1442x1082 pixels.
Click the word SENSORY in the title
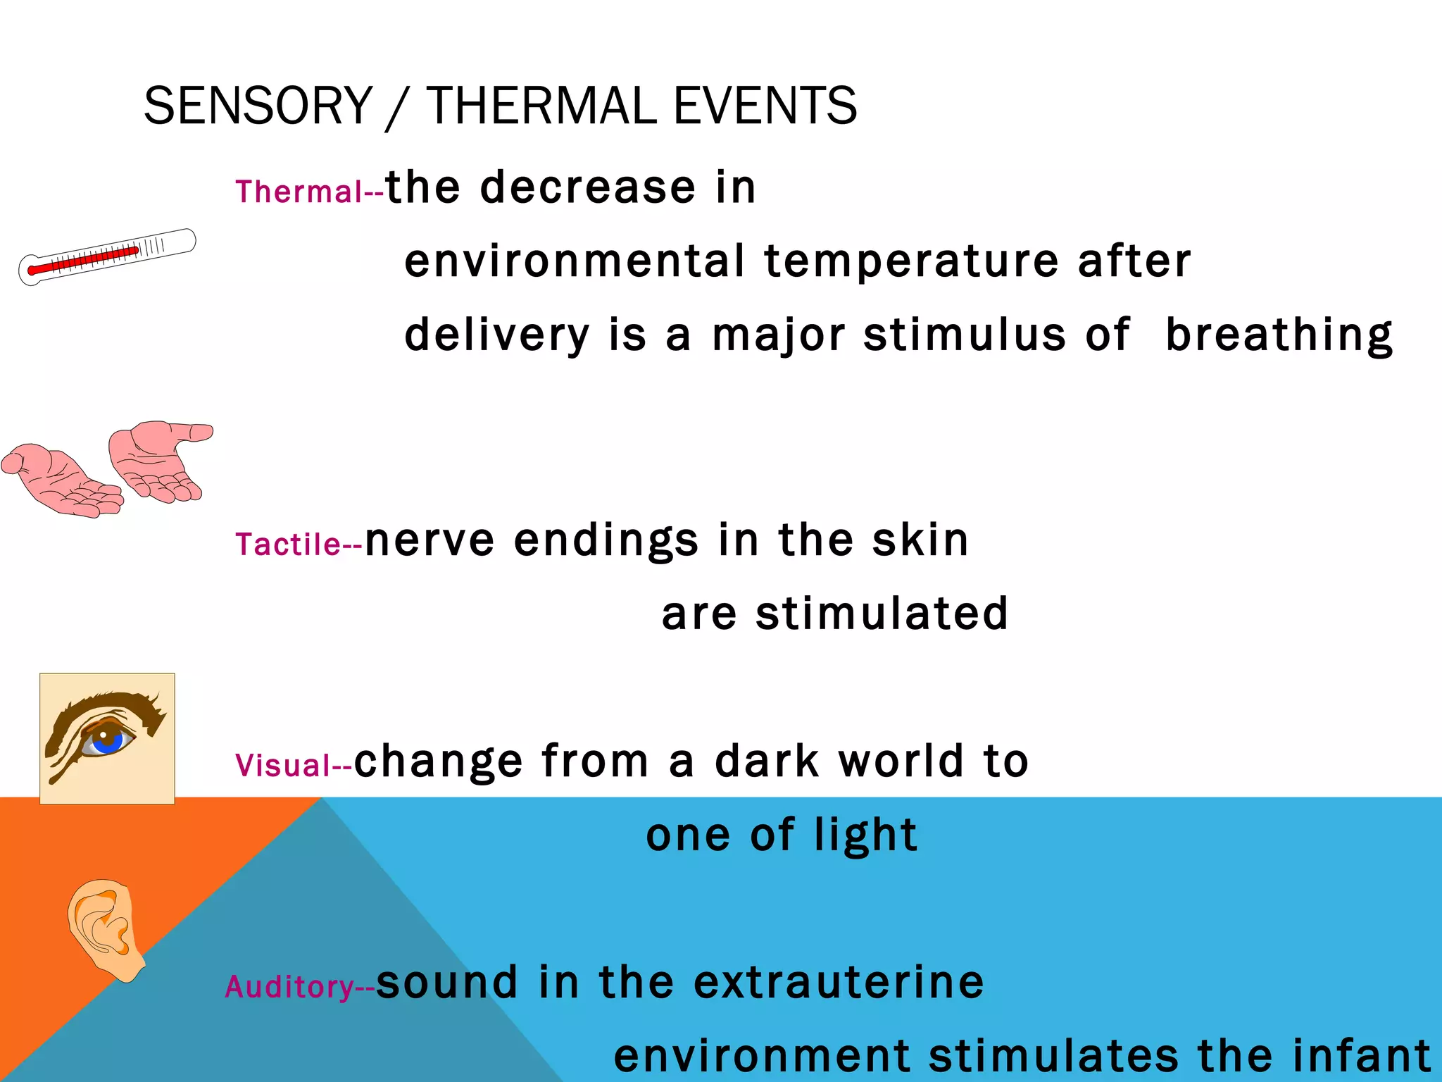pyautogui.click(x=258, y=106)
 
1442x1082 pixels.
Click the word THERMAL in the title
pyautogui.click(x=541, y=106)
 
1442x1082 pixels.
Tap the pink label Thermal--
pyautogui.click(x=308, y=192)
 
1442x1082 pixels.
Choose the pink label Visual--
pyautogui.click(x=293, y=765)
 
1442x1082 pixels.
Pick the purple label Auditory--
pyautogui.click(x=299, y=986)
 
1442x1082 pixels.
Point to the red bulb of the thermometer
pyautogui.click(x=32, y=270)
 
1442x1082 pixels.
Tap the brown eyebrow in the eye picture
pyautogui.click(x=106, y=704)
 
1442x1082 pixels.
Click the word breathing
pyautogui.click(x=1279, y=335)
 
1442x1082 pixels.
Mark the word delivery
pyautogui.click(x=496, y=335)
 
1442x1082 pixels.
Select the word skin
pyautogui.click(x=920, y=540)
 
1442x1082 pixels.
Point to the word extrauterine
pyautogui.click(x=838, y=982)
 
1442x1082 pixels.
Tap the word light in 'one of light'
pyautogui.click(x=865, y=835)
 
